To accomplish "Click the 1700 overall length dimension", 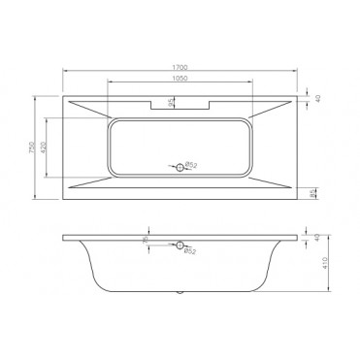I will coord(180,68).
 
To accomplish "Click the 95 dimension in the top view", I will coord(172,102).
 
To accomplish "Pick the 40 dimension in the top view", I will coord(315,98).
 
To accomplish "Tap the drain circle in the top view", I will coord(180,167).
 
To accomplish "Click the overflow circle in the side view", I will coord(180,244).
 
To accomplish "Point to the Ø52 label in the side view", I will coord(191,251).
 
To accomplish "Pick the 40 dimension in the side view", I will coord(316,239).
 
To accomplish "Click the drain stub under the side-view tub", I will coord(180,292).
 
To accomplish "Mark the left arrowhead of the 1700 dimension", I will coord(65,73).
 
